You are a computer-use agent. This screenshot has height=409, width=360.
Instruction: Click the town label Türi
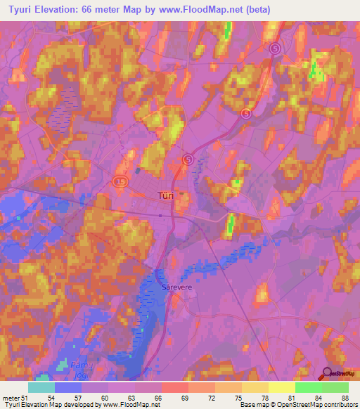[165, 197]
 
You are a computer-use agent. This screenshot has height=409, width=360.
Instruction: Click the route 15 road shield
[120, 182]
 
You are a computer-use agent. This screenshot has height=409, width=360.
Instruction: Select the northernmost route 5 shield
[275, 48]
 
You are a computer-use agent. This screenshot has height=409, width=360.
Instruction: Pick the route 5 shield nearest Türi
[188, 160]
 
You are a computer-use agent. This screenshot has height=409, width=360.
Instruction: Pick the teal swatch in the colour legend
[41, 388]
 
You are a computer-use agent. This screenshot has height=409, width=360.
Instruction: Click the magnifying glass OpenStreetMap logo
[328, 373]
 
